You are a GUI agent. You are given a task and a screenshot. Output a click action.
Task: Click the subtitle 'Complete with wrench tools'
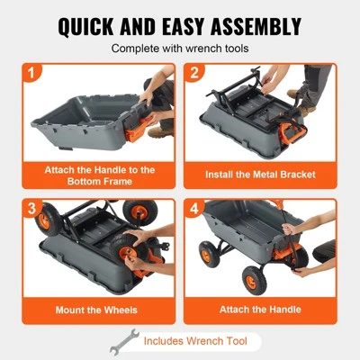coord(180,49)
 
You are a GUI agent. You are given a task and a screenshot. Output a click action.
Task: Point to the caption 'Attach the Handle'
coord(258,309)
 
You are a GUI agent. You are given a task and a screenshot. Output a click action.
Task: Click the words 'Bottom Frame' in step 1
coord(99,182)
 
